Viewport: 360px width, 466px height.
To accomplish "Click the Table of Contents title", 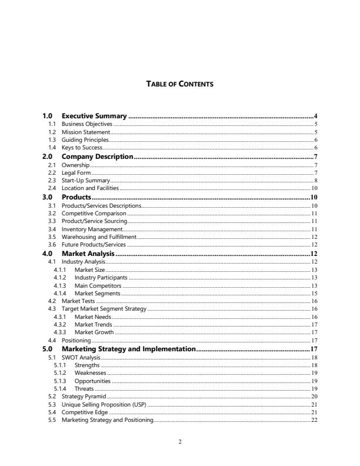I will click(179, 84).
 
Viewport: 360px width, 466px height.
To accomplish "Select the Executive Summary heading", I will click(94, 116).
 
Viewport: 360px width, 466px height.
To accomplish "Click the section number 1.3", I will click(52, 140).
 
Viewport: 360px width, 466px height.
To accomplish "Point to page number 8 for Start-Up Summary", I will click(316, 181).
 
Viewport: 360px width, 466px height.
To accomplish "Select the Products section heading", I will click(76, 197).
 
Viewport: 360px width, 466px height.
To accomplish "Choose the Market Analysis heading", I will click(88, 254).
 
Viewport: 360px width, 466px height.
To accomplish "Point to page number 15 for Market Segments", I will click(314, 293).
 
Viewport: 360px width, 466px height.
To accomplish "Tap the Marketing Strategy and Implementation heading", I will click(128, 349).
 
